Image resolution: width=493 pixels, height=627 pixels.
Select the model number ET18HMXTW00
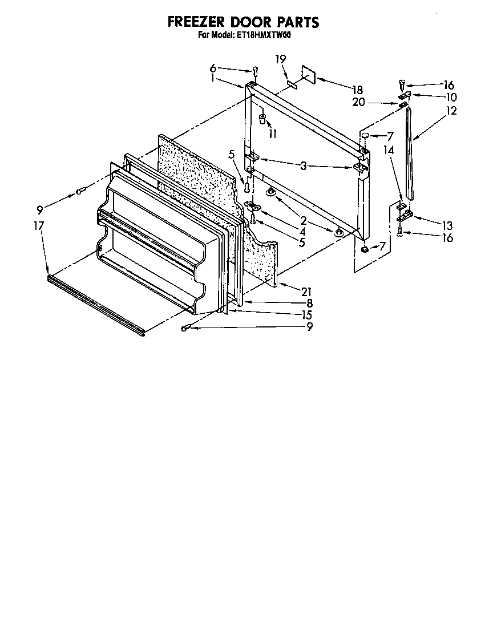click(x=268, y=35)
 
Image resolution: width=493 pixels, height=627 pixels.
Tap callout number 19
click(x=280, y=59)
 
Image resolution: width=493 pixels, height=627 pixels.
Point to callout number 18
click(x=357, y=90)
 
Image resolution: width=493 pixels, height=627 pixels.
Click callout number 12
click(x=451, y=111)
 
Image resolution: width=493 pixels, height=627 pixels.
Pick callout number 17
click(x=39, y=226)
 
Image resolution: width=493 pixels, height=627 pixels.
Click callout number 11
click(x=273, y=134)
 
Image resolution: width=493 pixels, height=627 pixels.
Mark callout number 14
click(x=389, y=151)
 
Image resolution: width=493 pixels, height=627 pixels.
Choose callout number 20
click(x=359, y=103)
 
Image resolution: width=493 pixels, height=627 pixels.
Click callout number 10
click(x=451, y=97)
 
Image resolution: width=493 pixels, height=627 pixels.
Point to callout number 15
click(x=307, y=314)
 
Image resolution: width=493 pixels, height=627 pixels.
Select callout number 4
click(x=302, y=232)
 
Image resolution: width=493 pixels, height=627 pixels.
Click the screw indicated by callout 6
click(x=255, y=71)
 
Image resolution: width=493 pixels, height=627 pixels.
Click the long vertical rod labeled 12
click(x=409, y=154)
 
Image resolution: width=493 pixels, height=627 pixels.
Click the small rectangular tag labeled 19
click(x=292, y=84)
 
